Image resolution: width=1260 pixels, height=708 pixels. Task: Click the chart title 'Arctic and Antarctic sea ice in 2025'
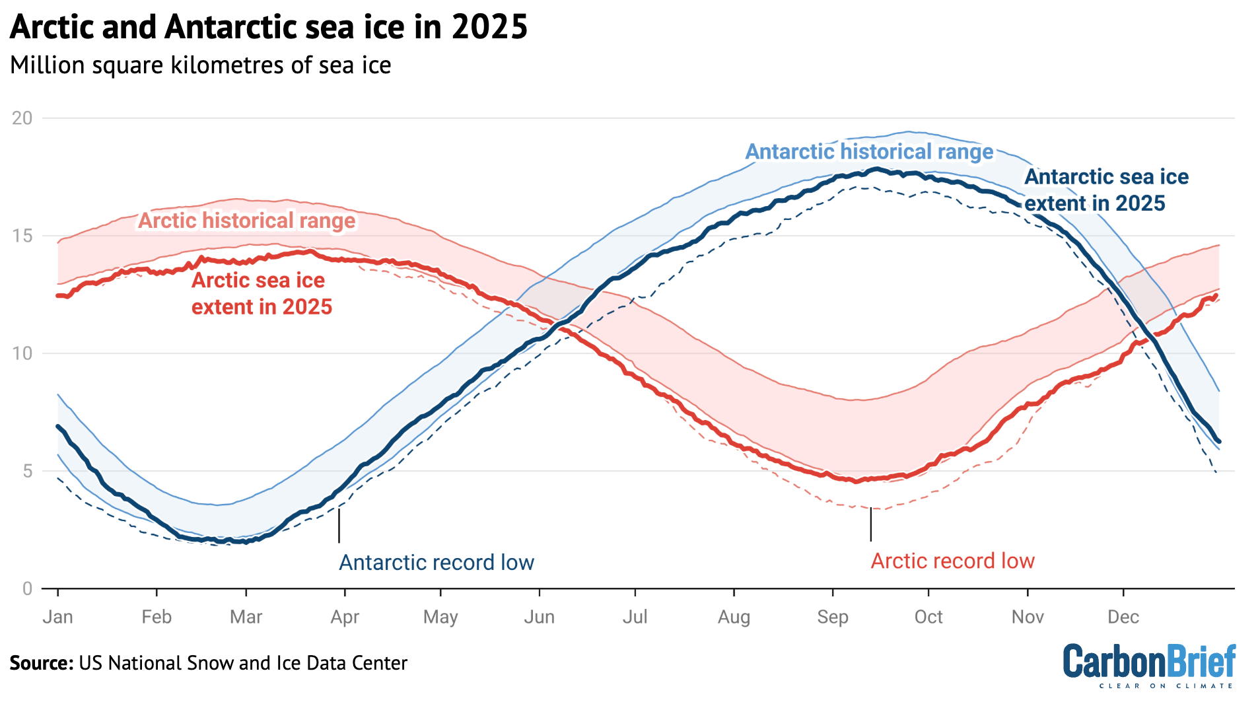(x=268, y=28)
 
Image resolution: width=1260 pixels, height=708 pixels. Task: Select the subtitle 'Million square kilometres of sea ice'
(x=200, y=65)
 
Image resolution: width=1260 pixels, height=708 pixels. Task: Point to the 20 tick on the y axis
(x=22, y=118)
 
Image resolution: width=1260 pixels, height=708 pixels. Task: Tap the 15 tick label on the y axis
(x=22, y=236)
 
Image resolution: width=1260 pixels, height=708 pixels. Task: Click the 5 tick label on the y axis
(x=26, y=471)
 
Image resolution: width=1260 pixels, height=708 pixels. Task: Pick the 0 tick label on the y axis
(x=26, y=588)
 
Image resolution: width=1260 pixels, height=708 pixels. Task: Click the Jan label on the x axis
(x=57, y=617)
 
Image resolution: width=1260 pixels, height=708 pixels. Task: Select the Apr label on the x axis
(x=345, y=617)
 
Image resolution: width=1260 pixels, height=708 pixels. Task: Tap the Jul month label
(x=635, y=617)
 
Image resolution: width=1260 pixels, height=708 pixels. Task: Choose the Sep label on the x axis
(x=832, y=617)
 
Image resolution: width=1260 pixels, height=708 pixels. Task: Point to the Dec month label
(x=1123, y=617)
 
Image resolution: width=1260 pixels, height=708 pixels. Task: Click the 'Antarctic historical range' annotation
(x=869, y=152)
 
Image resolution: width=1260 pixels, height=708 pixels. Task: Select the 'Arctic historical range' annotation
(x=246, y=221)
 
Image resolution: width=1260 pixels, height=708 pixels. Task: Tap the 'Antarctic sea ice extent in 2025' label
(x=1105, y=190)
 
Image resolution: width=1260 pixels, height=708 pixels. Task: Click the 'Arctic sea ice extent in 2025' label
(x=262, y=293)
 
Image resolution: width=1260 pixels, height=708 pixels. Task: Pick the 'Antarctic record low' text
(x=436, y=563)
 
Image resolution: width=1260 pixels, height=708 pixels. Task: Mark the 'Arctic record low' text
(x=952, y=561)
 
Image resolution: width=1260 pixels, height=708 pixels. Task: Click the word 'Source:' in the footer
(x=41, y=663)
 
